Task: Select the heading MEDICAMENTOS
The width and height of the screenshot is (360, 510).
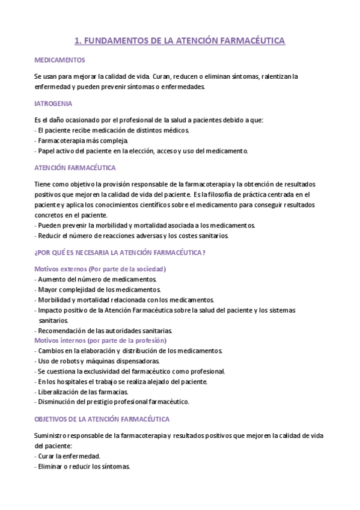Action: tap(60, 60)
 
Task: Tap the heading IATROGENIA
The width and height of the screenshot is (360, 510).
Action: tap(55, 103)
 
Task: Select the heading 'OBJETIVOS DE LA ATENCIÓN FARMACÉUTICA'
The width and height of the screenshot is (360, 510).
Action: tap(102, 419)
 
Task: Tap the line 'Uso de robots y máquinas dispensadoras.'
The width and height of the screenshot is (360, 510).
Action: tap(98, 361)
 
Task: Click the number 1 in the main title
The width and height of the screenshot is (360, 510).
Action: tap(76, 41)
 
